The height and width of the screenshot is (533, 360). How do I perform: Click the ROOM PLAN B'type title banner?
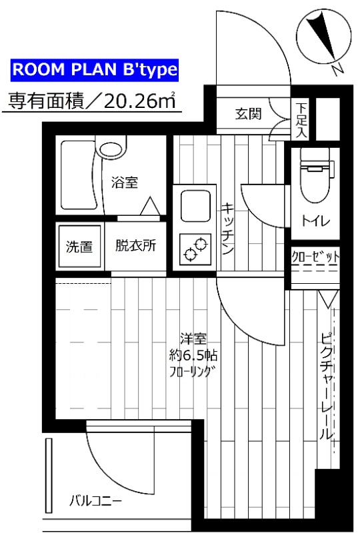pos(95,70)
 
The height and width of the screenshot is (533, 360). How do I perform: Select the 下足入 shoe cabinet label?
pos(302,119)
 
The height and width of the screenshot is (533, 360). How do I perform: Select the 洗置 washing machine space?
pos(79,246)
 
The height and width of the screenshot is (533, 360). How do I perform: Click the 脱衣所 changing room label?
pos(136,245)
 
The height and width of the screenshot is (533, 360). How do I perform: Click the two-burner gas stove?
pos(194,250)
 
